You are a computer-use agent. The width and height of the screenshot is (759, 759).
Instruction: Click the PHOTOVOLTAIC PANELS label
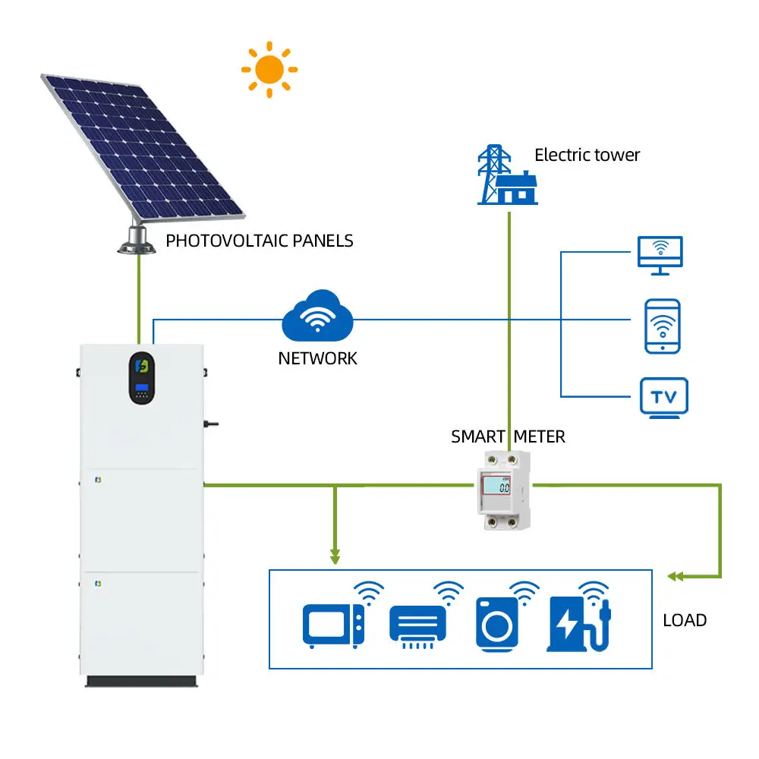[260, 241]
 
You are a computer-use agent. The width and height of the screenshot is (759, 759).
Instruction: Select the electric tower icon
[506, 175]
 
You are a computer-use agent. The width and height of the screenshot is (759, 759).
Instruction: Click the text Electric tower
[587, 156]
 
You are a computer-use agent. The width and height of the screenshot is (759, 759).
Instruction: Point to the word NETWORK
[317, 358]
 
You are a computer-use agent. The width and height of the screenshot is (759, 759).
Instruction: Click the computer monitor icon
[660, 255]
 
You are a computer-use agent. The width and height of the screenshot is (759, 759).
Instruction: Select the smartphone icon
[662, 326]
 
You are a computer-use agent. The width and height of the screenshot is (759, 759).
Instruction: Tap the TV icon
[663, 397]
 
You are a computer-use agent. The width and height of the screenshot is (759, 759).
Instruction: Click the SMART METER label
[508, 437]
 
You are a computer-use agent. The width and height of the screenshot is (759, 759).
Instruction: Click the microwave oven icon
[332, 625]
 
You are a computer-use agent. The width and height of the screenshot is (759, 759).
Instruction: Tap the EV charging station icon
[578, 624]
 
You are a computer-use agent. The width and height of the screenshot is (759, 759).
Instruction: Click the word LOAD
[685, 620]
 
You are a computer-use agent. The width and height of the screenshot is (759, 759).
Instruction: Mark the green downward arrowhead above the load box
[335, 559]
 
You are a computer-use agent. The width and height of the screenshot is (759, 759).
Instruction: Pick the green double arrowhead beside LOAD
[673, 577]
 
